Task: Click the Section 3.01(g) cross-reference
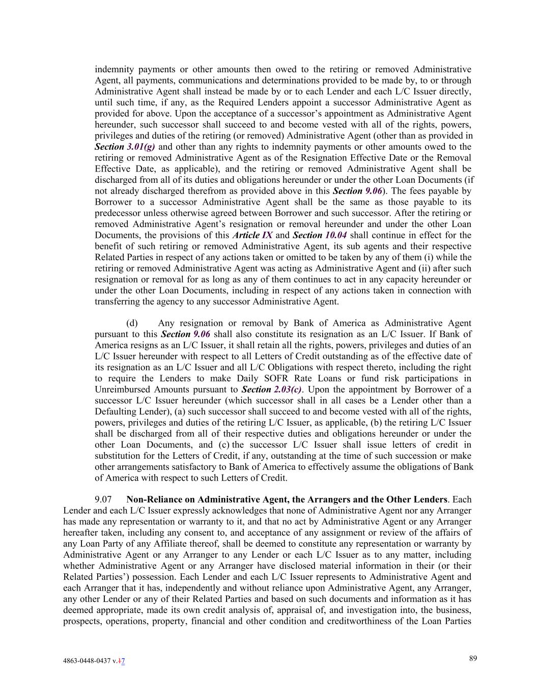point(125,147)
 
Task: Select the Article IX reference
point(252,235)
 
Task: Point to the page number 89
point(473,658)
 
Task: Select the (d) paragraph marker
point(132,323)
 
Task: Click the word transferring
point(119,301)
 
